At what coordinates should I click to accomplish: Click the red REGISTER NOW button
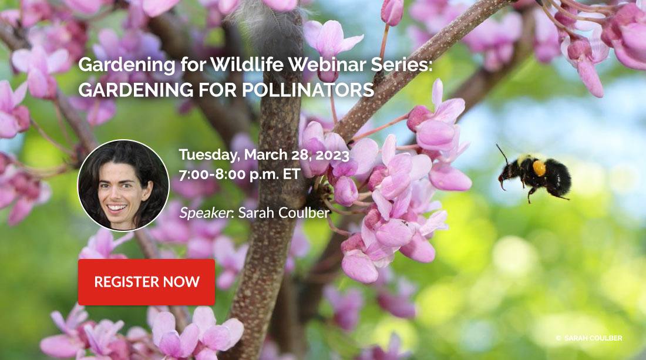146,282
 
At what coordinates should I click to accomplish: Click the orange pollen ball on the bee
539,168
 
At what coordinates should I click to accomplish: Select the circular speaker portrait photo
123,186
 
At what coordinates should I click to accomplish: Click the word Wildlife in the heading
247,64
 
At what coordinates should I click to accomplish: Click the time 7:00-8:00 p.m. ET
240,174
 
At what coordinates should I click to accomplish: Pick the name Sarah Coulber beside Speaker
284,213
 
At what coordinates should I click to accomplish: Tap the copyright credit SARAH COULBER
593,338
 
